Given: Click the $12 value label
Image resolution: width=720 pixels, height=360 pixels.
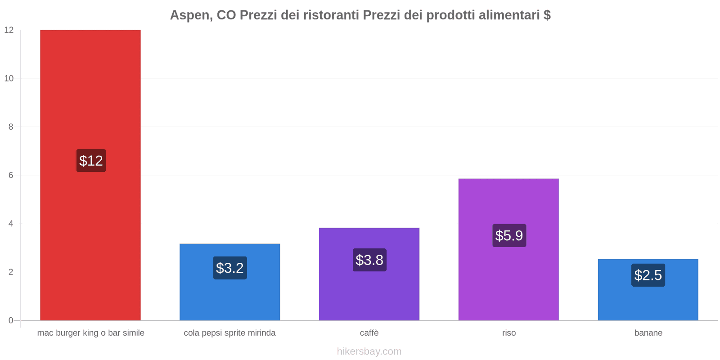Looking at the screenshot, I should [91, 161].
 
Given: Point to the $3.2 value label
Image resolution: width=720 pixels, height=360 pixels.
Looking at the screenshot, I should [230, 268].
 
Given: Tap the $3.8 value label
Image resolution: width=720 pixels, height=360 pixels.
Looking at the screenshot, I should [369, 260].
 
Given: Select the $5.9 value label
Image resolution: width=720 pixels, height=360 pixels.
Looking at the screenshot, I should [509, 235].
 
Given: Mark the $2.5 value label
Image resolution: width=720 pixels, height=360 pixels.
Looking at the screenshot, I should [648, 275].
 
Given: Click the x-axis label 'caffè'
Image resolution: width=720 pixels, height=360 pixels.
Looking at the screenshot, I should [369, 333].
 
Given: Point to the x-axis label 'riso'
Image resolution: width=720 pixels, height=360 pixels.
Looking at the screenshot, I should [509, 333].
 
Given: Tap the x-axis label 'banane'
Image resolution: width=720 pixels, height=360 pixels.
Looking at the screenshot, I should [648, 333].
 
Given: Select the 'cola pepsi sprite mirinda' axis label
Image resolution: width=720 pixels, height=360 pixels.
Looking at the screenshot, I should [229, 333].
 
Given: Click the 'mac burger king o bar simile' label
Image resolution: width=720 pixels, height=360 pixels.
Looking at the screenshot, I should [90, 333].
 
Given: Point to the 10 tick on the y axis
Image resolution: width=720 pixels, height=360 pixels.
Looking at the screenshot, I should [9, 78].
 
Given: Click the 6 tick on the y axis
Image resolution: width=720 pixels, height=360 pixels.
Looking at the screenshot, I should [11, 175].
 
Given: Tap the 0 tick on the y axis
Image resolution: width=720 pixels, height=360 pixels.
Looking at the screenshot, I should [11, 320].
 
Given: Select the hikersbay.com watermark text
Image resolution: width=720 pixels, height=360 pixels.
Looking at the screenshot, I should [369, 351].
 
